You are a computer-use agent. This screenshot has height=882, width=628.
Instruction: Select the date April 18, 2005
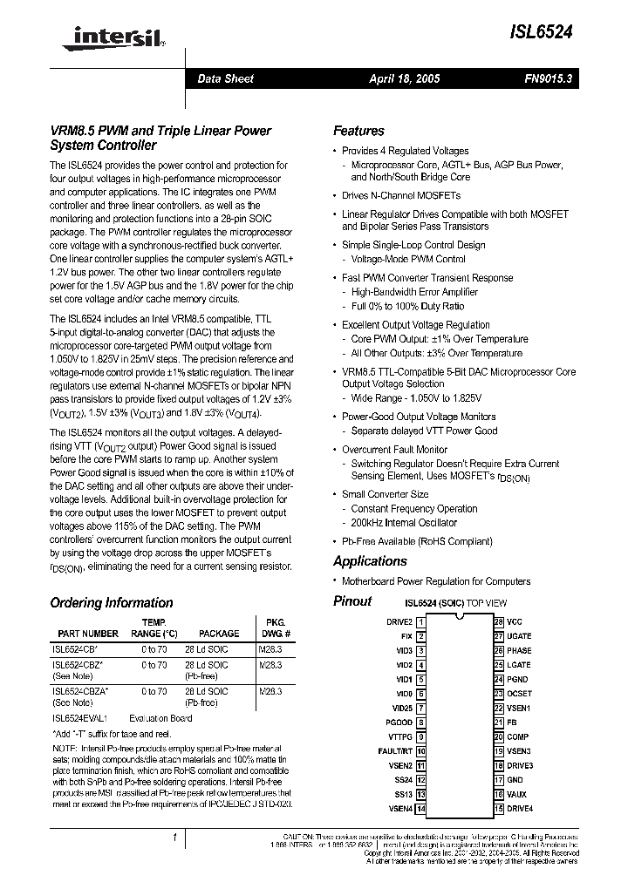pyautogui.click(x=405, y=78)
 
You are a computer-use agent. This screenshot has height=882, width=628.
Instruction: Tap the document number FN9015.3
pyautogui.click(x=547, y=78)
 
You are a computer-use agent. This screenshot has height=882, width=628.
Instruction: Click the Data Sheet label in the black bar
pyautogui.click(x=225, y=78)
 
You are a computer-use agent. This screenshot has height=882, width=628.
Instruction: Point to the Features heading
pyautogui.click(x=358, y=131)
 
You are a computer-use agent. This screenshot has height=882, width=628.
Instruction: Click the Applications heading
pyautogui.click(x=370, y=561)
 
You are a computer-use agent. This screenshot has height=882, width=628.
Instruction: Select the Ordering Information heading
pyautogui.click(x=112, y=602)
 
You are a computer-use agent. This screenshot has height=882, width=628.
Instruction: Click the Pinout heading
pyautogui.click(x=352, y=601)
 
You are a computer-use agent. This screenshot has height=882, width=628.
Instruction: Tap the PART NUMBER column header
pyautogui.click(x=88, y=634)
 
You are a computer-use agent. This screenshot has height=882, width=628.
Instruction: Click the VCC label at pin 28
pyautogui.click(x=514, y=621)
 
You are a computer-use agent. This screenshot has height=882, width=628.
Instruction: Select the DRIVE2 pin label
pyautogui.click(x=399, y=621)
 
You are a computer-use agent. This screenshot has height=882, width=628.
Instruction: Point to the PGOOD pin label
pyautogui.click(x=399, y=722)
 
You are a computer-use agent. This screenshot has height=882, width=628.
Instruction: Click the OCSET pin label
pyautogui.click(x=519, y=694)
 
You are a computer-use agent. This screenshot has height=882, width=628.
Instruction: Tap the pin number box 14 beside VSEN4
pyautogui.click(x=421, y=809)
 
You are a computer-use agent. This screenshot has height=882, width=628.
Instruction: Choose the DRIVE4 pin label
pyautogui.click(x=520, y=809)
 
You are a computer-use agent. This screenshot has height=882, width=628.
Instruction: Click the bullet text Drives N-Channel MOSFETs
pyautogui.click(x=400, y=195)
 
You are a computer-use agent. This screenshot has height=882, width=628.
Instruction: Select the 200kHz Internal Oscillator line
pyautogui.click(x=404, y=523)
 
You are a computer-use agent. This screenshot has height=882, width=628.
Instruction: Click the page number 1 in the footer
pyautogui.click(x=175, y=838)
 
